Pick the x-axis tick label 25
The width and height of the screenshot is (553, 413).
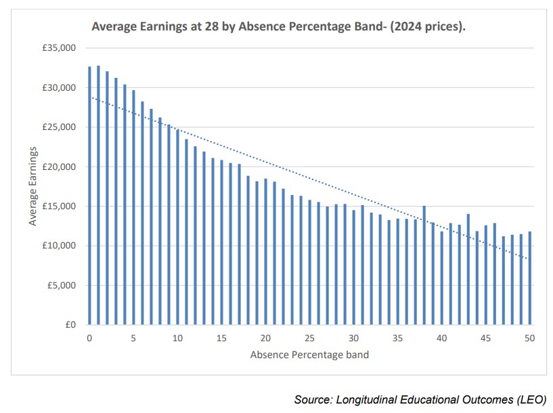(x=310, y=338)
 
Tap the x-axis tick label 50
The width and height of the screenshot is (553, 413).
(x=530, y=338)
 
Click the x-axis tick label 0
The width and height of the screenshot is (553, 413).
(x=89, y=338)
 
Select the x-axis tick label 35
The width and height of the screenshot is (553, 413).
(x=398, y=338)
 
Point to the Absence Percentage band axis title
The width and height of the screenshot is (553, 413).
(x=309, y=354)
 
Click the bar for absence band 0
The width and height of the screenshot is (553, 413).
(x=89, y=196)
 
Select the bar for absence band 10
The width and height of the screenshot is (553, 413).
(x=177, y=227)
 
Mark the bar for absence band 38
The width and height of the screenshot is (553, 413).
(x=424, y=265)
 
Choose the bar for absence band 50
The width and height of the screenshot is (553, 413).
(x=530, y=278)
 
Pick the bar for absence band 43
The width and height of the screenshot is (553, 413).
(x=468, y=269)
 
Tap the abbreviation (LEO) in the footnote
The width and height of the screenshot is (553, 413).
(x=530, y=399)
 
